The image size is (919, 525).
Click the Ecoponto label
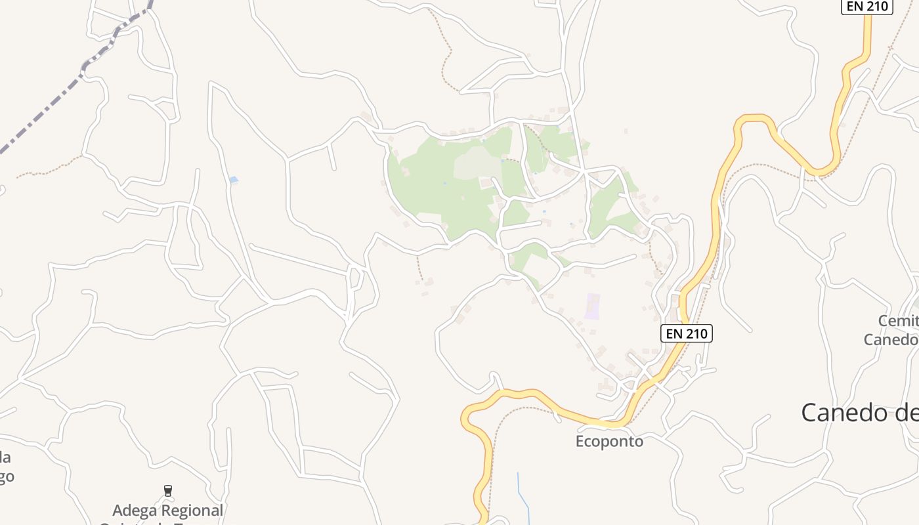point(609,441)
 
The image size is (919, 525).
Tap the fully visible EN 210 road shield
point(687,333)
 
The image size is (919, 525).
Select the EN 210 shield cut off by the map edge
point(866,7)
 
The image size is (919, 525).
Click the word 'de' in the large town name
point(905,413)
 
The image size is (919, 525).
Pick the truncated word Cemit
point(898,321)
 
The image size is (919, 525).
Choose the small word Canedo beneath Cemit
point(890,339)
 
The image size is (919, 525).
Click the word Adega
point(136,510)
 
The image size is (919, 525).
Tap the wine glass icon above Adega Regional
point(168,490)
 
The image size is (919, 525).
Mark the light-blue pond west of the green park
point(234,180)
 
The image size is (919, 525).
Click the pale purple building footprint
point(593,306)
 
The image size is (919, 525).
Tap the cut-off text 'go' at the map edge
point(7,476)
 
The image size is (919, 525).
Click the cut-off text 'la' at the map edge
point(5,457)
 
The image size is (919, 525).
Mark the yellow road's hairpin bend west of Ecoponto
point(467,417)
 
